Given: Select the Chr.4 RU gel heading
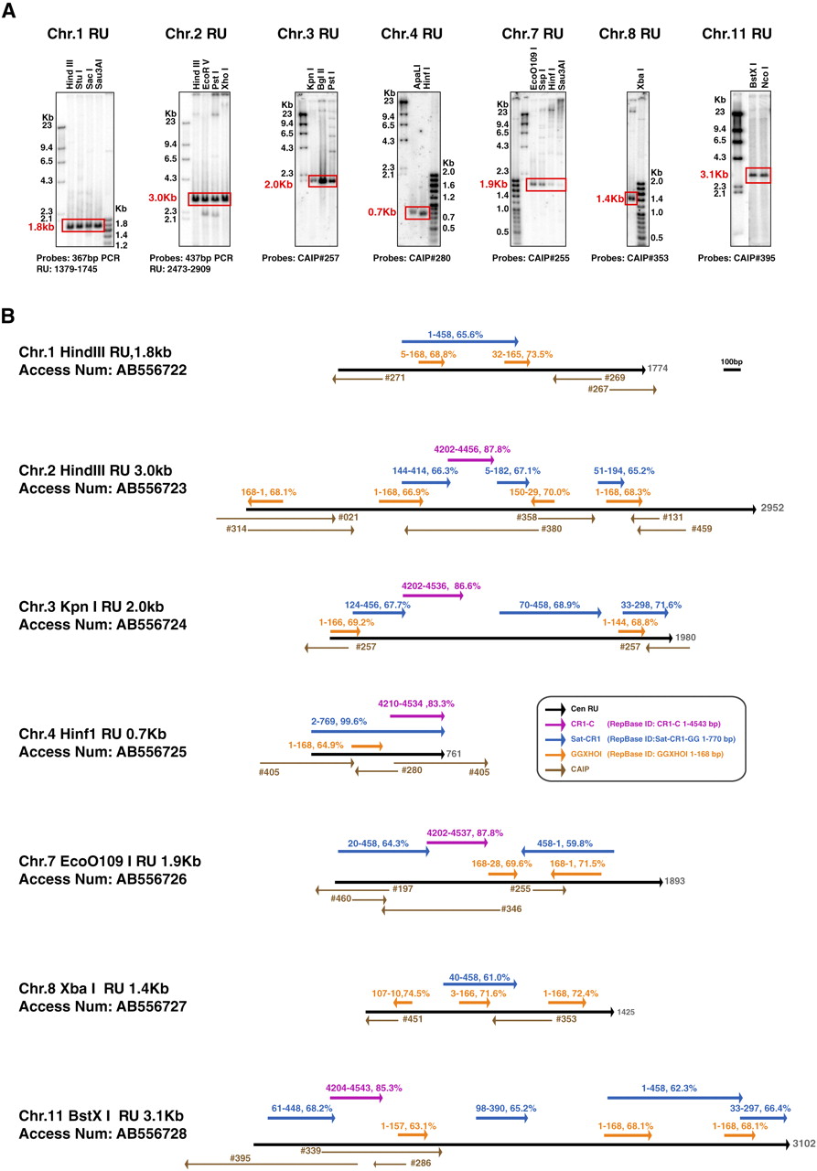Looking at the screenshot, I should (x=412, y=35).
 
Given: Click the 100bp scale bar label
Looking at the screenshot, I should (x=730, y=362).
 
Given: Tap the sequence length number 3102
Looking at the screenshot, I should (x=802, y=1143).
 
